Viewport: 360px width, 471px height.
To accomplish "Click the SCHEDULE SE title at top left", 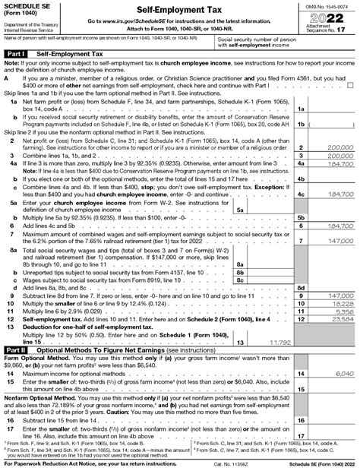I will click(26, 6).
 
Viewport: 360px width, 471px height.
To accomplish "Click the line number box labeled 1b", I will click(302, 122).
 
